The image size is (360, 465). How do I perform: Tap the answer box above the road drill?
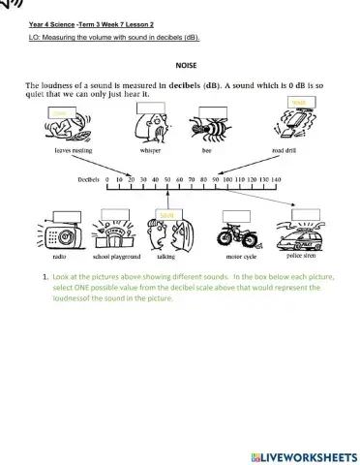(x=299, y=103)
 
